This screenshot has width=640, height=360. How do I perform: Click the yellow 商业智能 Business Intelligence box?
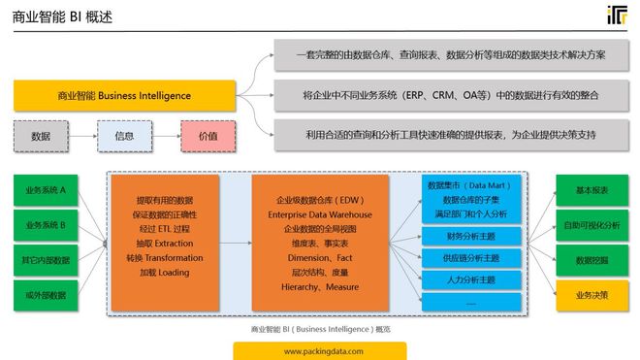pos(125,96)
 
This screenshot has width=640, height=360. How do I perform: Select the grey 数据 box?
pos(41,137)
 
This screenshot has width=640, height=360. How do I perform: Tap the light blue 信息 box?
pos(124,137)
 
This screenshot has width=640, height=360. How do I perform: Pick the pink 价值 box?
pos(208,137)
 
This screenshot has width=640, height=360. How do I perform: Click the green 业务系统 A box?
pos(46,190)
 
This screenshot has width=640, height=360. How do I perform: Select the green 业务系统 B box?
pos(46,225)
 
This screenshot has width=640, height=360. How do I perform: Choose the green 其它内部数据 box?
pos(46,260)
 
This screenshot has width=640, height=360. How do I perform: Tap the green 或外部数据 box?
pos(46,295)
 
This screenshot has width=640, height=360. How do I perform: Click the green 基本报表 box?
pos(592,190)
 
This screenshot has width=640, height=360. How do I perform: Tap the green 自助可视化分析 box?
pos(592,225)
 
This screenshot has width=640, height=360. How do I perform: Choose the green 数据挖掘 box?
pos(592,260)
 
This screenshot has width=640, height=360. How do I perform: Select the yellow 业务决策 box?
pos(592,295)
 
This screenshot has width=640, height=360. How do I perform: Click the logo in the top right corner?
pos(616,16)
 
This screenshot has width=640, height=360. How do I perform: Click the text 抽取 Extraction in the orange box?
pos(163,243)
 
